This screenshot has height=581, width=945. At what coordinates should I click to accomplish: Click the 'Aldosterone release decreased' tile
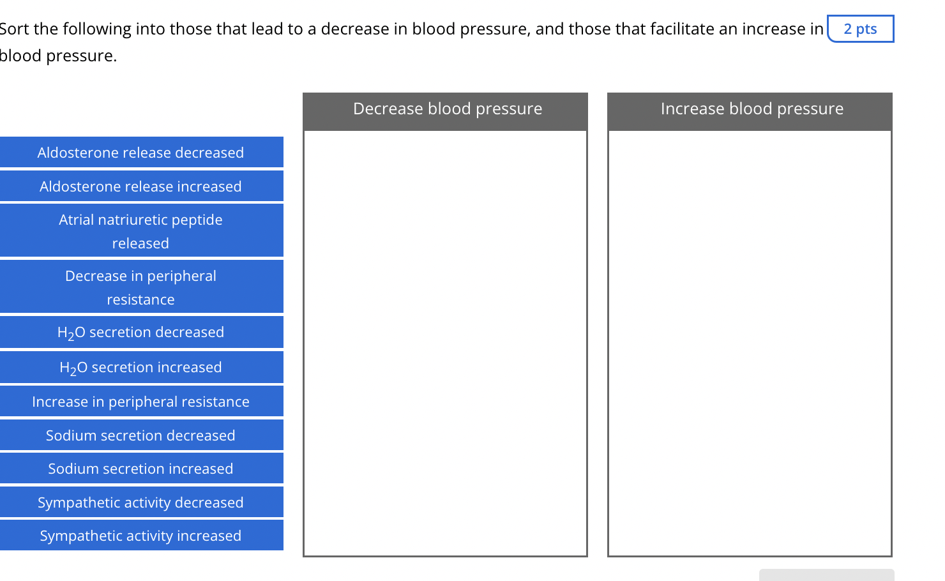(140, 153)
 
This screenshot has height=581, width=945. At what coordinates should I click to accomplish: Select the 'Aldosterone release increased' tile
(140, 186)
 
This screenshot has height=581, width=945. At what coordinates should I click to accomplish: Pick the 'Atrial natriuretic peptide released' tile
(140, 231)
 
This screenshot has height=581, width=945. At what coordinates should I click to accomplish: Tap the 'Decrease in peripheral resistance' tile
(140, 287)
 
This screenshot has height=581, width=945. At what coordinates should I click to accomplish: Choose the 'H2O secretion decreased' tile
(140, 333)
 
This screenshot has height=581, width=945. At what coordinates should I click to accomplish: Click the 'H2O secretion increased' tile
(140, 368)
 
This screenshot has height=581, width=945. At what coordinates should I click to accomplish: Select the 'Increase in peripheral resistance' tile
(140, 402)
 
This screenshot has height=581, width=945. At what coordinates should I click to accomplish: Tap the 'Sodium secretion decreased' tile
(140, 435)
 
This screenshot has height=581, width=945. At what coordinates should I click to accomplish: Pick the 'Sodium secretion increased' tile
(140, 469)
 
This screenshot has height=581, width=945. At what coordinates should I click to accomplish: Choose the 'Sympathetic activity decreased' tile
(140, 502)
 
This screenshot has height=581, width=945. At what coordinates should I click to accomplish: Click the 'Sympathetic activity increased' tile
(140, 536)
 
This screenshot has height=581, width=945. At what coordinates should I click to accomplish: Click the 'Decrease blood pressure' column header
(447, 109)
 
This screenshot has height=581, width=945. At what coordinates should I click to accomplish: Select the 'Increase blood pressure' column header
(752, 109)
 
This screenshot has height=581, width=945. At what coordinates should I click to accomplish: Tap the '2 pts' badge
(860, 29)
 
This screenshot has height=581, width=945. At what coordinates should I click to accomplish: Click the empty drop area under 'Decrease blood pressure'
(445, 343)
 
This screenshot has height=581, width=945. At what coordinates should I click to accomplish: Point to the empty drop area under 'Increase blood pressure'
(750, 343)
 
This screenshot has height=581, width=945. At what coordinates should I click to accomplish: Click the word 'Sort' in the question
(14, 29)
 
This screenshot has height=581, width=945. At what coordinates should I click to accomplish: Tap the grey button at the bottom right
(826, 575)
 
